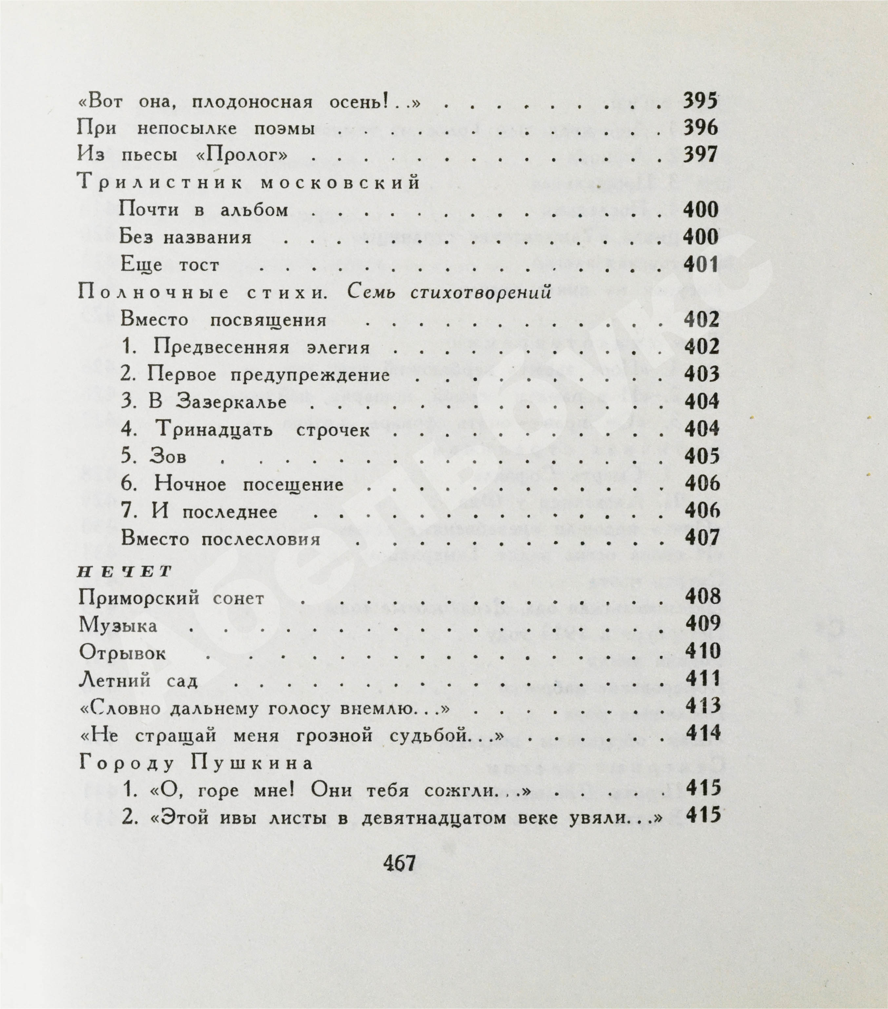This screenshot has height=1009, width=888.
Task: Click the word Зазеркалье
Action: click(x=231, y=402)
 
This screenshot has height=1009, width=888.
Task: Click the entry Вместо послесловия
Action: click(x=221, y=539)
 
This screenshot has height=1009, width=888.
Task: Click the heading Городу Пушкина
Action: click(x=196, y=764)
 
